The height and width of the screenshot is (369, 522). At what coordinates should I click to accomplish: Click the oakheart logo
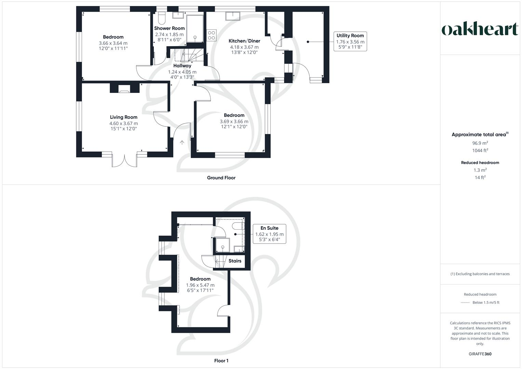[x=480, y=29]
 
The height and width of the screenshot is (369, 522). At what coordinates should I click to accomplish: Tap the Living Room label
[x=123, y=117]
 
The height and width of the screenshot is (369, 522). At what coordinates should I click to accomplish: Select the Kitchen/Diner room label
[x=244, y=41]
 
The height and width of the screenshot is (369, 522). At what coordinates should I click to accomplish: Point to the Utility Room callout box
[x=350, y=42]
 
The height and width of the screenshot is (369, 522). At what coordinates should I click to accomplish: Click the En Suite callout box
[x=269, y=234]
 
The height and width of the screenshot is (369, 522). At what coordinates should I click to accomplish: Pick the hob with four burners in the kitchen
[x=212, y=35]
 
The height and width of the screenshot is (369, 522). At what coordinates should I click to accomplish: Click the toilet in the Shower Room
[x=161, y=17]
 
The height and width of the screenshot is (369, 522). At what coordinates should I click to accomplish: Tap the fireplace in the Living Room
[x=124, y=91]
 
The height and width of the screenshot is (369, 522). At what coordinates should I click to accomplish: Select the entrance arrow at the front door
[x=182, y=142]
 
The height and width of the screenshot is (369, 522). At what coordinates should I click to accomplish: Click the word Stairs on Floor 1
[x=235, y=261]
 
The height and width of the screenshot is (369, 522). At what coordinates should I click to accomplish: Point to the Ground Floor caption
[x=221, y=178]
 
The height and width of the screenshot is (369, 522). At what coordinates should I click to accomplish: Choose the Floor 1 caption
[x=221, y=360]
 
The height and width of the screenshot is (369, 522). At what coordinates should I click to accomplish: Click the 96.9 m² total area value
[x=480, y=143]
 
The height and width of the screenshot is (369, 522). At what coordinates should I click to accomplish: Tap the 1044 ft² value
[x=480, y=150]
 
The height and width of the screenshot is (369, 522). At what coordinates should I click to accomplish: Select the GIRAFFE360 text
[x=480, y=354]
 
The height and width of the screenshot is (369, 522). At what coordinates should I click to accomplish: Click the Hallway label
[x=182, y=66]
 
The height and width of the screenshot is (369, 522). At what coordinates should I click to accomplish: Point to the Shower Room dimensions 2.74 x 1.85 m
[x=169, y=35]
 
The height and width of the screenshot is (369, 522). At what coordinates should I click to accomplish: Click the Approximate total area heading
[x=480, y=135]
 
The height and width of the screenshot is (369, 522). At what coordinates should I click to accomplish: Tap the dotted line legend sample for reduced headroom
[x=465, y=302]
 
